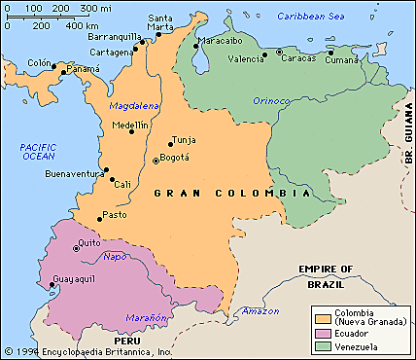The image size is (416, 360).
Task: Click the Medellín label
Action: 130,126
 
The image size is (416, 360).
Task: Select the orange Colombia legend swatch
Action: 323,317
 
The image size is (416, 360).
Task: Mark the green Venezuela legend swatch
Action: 323,346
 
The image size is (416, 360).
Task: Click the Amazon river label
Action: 260,310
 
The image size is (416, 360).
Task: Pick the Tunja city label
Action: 183,140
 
